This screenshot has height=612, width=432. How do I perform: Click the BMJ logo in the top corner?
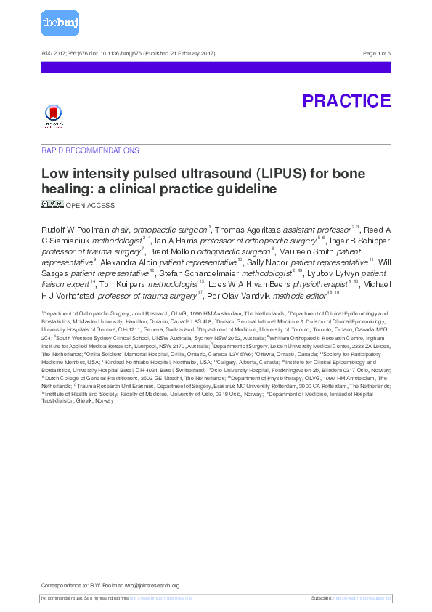tap(60, 24)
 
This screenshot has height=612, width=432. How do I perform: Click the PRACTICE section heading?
tap(346, 101)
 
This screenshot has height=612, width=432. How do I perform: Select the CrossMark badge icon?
tap(53, 116)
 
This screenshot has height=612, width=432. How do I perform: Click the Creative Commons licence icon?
tap(52, 204)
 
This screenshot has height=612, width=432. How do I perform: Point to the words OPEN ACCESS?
tap(90, 206)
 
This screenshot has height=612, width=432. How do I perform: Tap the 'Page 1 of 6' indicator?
tap(376, 54)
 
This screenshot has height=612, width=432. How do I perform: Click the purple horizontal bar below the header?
tap(216, 67)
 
